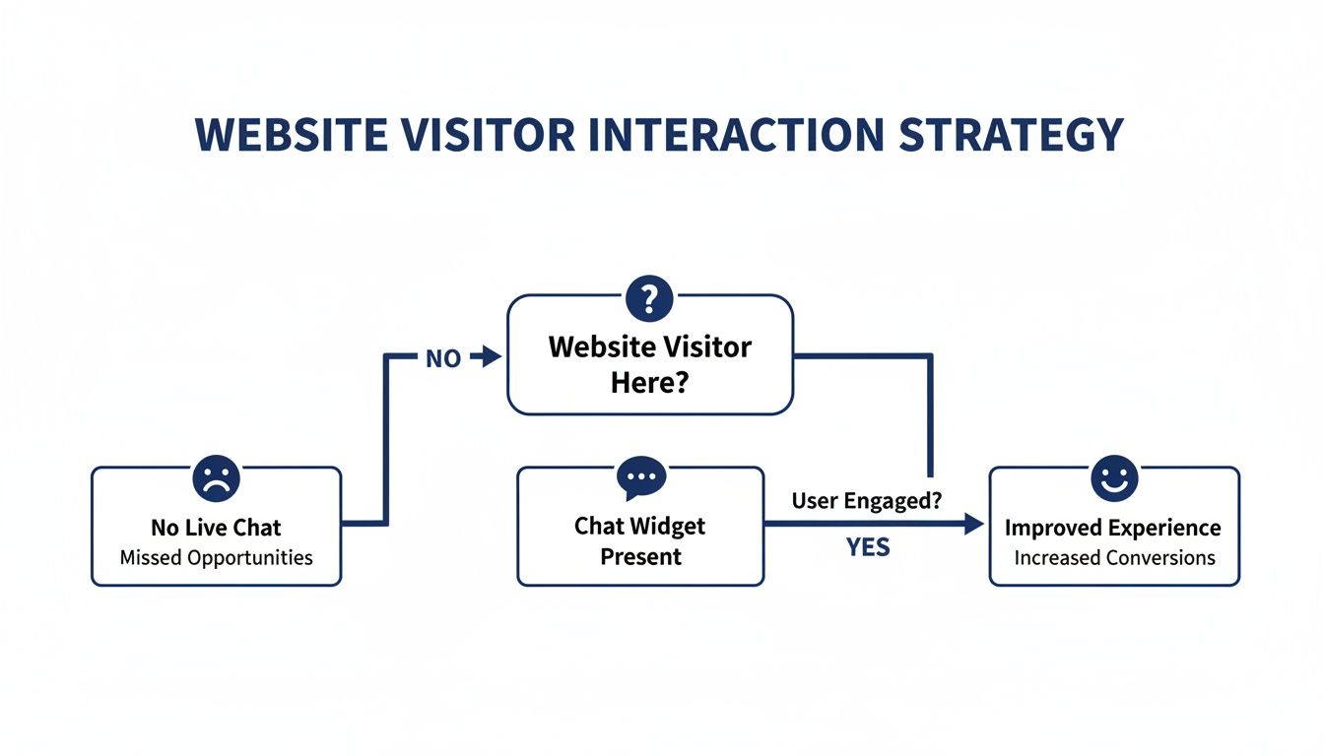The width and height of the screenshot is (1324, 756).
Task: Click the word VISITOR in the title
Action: pos(494,136)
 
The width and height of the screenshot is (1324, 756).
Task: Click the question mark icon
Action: pos(649,298)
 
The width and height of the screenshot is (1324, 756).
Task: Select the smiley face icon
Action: pos(1114,478)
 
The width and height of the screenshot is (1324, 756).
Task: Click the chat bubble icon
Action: pos(640,476)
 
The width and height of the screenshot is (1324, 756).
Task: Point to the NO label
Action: pos(443,359)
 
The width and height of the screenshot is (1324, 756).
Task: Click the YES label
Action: pos(868,547)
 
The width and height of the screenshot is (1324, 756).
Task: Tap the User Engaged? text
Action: pos(867,500)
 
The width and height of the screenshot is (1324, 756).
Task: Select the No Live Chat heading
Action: pos(216,528)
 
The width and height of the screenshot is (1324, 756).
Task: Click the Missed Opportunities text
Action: pos(216,557)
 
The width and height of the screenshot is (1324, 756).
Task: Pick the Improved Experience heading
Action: pos(1113,528)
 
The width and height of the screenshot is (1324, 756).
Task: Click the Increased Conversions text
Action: pos(1114,557)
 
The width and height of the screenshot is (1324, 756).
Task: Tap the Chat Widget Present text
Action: pos(640,540)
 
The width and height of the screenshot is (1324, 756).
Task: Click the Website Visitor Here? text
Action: pos(649,363)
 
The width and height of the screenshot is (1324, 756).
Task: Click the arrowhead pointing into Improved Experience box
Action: pos(974,525)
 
